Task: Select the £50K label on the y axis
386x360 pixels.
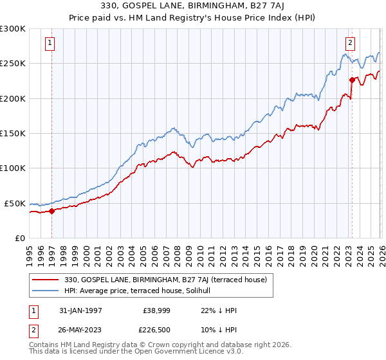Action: click(x=15, y=203)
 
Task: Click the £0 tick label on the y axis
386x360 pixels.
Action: click(x=19, y=238)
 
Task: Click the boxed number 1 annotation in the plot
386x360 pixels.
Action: click(x=50, y=43)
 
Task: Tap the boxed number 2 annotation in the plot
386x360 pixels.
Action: click(x=350, y=43)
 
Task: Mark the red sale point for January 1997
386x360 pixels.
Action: click(x=52, y=211)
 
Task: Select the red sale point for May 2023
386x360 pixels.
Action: click(x=352, y=80)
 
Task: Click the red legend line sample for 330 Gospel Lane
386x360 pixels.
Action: click(x=46, y=280)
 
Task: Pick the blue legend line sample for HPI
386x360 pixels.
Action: click(x=46, y=291)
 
